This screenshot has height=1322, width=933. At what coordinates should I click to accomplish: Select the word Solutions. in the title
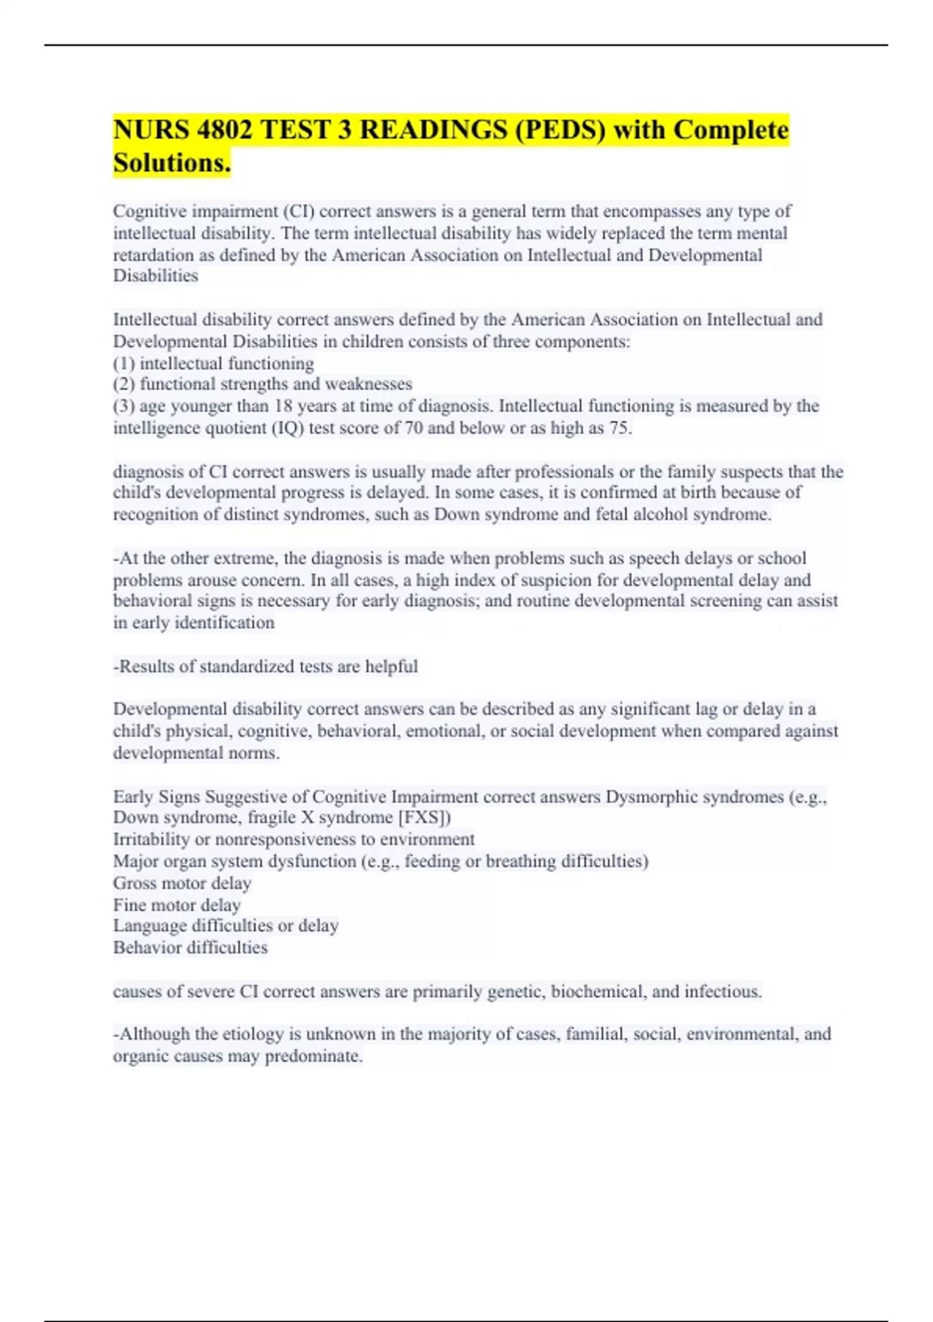click(x=172, y=163)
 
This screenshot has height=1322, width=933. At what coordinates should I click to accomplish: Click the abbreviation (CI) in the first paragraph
click(x=298, y=212)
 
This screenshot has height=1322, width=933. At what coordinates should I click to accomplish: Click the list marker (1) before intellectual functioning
click(x=124, y=363)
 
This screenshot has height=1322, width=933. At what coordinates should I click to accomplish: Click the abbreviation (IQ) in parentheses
click(x=288, y=428)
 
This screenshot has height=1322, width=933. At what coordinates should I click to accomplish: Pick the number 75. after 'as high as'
click(x=620, y=428)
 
